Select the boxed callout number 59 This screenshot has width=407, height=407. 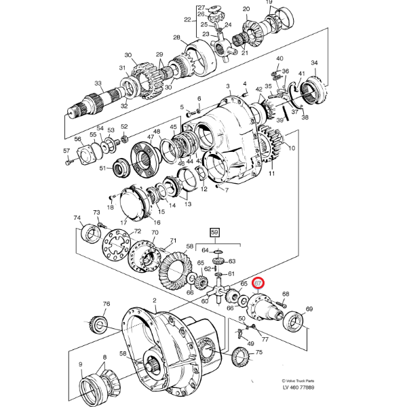[x=216, y=232]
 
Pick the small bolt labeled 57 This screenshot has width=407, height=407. [x=66, y=161]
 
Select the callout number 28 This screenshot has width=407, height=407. [x=176, y=38]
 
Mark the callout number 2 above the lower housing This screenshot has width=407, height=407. [x=155, y=300]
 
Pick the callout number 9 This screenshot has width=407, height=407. [x=80, y=364]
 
